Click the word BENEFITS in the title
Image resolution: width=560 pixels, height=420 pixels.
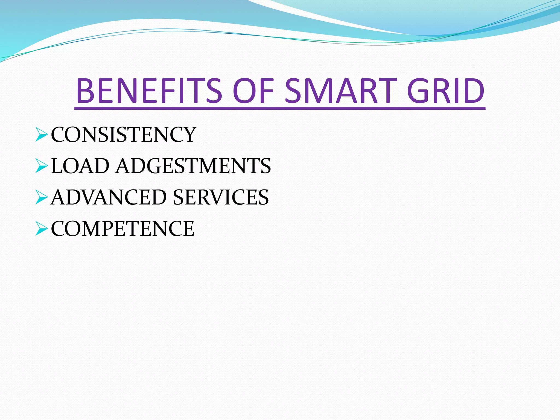(149, 91)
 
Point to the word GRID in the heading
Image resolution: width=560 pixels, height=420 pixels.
(446, 91)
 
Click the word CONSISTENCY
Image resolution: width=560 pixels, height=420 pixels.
(124, 135)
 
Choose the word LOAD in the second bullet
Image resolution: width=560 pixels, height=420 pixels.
(80, 166)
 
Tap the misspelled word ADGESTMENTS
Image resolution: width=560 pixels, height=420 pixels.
(193, 166)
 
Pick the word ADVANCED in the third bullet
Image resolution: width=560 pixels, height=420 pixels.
(109, 197)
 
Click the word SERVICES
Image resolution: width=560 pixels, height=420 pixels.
(221, 197)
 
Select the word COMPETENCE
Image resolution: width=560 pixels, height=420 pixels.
(122, 229)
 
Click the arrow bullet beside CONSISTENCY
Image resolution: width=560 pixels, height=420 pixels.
(42, 135)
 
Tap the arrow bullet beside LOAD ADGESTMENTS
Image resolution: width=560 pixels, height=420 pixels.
(42, 166)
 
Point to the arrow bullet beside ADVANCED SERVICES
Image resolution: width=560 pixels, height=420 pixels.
(42, 197)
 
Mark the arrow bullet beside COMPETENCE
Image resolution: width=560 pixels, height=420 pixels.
(42, 229)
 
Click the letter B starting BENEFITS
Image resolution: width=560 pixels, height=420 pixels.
(86, 91)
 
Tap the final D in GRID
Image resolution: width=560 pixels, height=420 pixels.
(472, 91)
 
